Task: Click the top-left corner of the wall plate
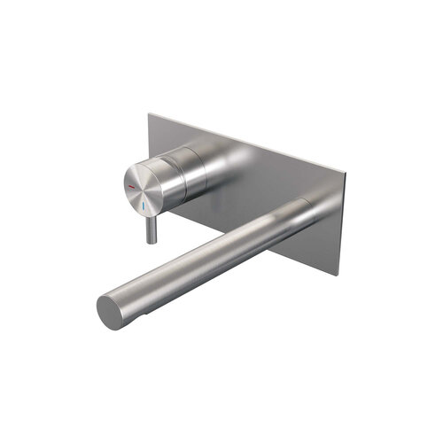149,113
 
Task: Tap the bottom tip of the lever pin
152,240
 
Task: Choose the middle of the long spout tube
213,257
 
